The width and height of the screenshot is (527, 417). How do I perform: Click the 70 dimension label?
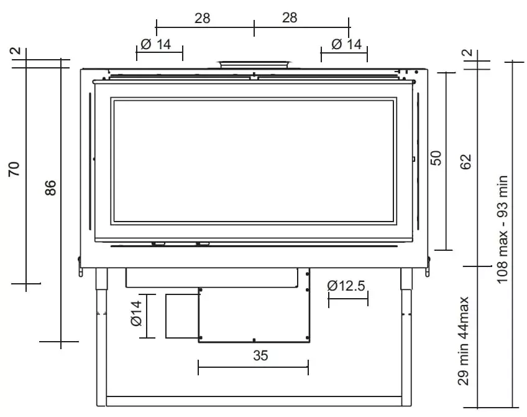[x=14, y=169]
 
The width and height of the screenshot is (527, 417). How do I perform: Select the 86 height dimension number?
[x=51, y=188]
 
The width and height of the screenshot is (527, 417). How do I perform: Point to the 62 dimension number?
[x=466, y=161]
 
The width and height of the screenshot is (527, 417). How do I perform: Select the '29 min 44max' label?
[x=463, y=341]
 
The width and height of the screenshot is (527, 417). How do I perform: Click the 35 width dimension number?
[x=260, y=356]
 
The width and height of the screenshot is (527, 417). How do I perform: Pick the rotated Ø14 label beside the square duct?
[x=136, y=313]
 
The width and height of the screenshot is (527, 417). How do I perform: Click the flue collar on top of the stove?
[x=254, y=64]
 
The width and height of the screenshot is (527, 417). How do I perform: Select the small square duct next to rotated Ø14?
[x=181, y=316]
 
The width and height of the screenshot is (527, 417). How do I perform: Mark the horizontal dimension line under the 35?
[x=253, y=368]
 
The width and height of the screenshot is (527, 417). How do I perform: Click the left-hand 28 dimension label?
[x=202, y=18]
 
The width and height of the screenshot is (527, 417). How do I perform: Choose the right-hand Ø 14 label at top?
[x=346, y=44]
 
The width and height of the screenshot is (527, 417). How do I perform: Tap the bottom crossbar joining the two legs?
[x=254, y=401]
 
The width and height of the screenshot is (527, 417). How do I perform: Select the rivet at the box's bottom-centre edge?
[x=254, y=340]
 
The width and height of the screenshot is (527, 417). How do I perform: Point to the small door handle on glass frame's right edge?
[x=413, y=159]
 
